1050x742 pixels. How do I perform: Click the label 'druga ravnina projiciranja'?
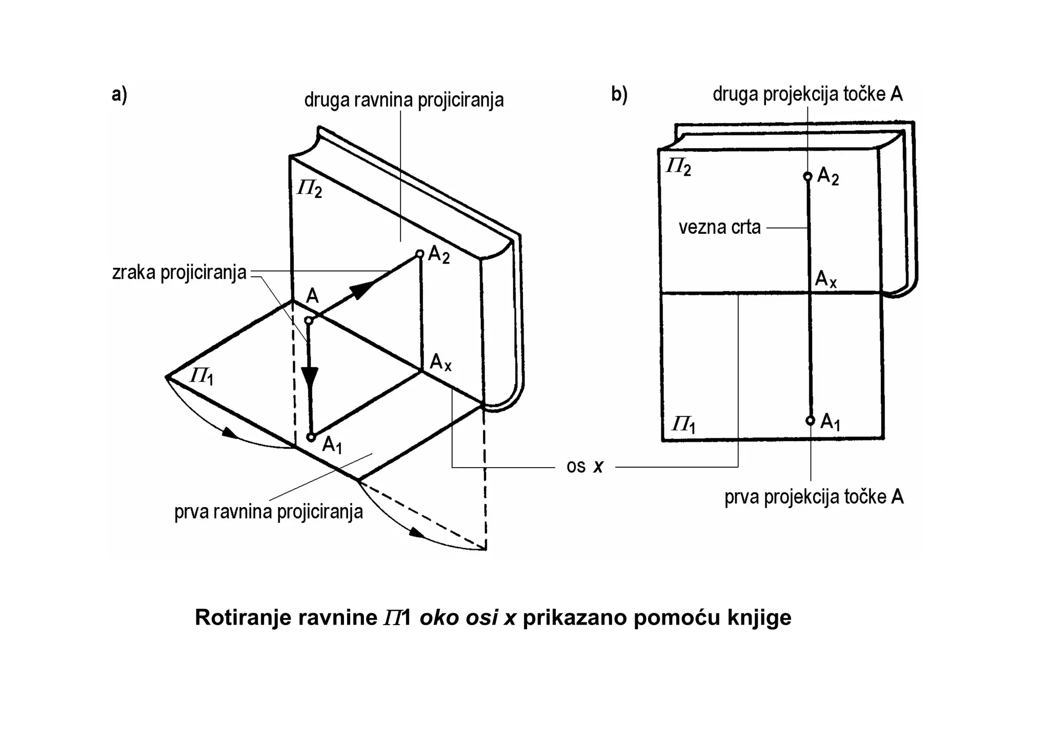coord(403,100)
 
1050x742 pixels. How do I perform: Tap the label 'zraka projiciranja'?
coord(179,273)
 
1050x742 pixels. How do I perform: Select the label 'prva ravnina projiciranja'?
coord(268,512)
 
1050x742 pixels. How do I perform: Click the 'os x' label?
coord(584,466)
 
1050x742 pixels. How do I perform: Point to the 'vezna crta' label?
coord(719,227)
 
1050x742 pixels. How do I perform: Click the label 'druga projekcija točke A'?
coord(807,94)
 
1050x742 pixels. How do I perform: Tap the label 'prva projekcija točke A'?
coord(814,496)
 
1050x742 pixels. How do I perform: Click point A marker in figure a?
coord(309,320)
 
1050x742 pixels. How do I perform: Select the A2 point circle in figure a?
coord(419,253)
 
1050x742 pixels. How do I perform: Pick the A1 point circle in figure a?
coord(311,437)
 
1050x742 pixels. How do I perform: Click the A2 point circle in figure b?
coord(807,176)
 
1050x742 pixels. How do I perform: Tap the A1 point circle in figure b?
coord(810,420)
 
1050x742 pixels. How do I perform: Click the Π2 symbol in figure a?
coord(310,189)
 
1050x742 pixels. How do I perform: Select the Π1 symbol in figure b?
coord(683,425)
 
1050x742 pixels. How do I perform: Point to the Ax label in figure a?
coord(440,363)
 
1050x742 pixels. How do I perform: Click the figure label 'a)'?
coord(119,95)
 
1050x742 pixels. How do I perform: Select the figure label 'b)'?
coord(619,95)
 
